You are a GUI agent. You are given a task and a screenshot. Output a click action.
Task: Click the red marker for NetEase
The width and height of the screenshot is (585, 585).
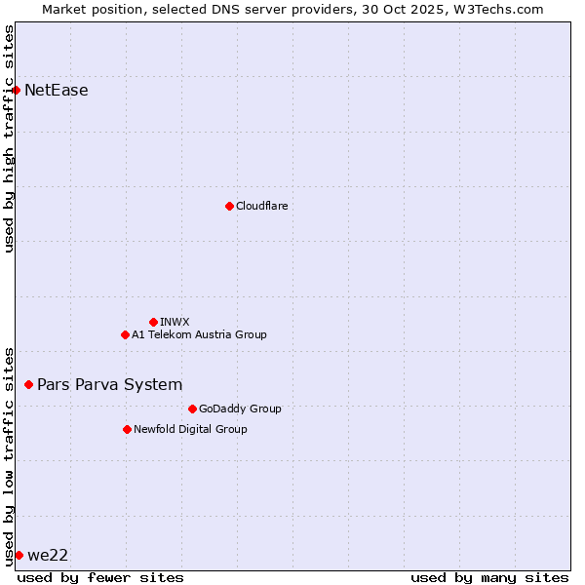pyautogui.click(x=16, y=91)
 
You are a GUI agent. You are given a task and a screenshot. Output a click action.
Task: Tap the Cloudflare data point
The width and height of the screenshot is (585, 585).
pyautogui.click(x=229, y=206)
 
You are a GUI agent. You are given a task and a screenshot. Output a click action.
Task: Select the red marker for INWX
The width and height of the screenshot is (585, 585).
pyautogui.click(x=153, y=322)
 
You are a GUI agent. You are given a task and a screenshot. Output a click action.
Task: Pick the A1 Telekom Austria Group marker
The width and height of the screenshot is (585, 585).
pyautogui.click(x=125, y=334)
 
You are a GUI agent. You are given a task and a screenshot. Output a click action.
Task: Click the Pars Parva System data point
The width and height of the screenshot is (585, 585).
pyautogui.click(x=28, y=385)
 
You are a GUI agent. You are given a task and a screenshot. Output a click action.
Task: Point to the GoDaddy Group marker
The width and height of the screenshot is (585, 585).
pyautogui.click(x=192, y=409)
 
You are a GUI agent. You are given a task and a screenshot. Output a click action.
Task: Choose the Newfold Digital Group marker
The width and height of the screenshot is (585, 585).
pyautogui.click(x=127, y=429)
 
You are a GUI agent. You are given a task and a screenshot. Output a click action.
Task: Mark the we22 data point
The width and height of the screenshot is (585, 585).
pyautogui.click(x=19, y=555)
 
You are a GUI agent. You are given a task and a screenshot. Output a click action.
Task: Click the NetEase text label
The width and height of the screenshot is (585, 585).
pyautogui.click(x=57, y=91)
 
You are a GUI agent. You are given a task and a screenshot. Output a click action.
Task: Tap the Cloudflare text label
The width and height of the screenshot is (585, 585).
pyautogui.click(x=261, y=206)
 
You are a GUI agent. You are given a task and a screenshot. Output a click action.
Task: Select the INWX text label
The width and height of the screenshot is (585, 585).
pyautogui.click(x=175, y=322)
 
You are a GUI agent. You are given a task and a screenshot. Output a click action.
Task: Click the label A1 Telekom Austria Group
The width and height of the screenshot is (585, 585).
pyautogui.click(x=199, y=334)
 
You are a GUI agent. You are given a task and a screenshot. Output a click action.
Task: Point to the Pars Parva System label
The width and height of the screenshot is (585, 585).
pyautogui.click(x=109, y=385)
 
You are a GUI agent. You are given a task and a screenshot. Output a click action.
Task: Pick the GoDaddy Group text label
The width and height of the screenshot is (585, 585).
pyautogui.click(x=240, y=409)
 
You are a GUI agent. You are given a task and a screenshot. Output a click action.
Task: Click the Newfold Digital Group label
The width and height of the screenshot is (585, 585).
pyautogui.click(x=190, y=429)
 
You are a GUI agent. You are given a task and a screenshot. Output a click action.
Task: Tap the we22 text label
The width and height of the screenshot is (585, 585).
pyautogui.click(x=48, y=555)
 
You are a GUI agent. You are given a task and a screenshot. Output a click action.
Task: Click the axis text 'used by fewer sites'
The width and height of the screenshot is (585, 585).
pyautogui.click(x=100, y=577)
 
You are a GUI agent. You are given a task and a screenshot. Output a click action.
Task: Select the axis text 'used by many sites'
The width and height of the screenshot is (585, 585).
pyautogui.click(x=489, y=577)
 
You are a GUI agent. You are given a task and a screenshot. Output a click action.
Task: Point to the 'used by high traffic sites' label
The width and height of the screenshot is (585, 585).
pyautogui.click(x=9, y=138)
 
